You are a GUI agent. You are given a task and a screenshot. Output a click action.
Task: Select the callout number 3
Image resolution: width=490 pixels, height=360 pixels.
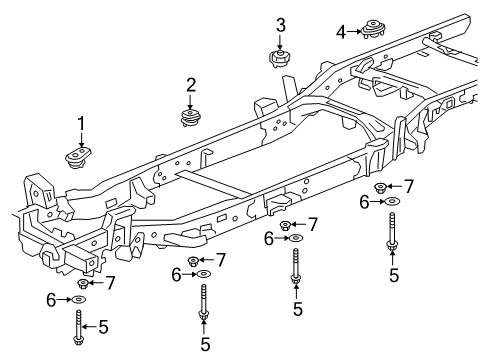[281, 24]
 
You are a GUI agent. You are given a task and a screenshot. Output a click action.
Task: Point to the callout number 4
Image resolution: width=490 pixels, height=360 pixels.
[341, 32]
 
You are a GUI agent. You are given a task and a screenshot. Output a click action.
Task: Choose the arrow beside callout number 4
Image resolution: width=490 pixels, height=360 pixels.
[356, 32]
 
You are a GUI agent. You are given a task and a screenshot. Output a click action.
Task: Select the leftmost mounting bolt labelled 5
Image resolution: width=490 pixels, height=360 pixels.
[78, 326]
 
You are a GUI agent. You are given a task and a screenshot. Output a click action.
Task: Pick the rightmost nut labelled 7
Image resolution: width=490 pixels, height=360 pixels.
[381, 187]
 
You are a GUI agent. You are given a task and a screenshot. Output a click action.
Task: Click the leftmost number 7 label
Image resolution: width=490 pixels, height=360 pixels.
[111, 283]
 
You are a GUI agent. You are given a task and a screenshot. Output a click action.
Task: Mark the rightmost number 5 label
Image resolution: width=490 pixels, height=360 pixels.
[393, 274]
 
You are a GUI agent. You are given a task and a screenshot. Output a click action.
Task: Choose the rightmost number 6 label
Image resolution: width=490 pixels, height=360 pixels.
[365, 203]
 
